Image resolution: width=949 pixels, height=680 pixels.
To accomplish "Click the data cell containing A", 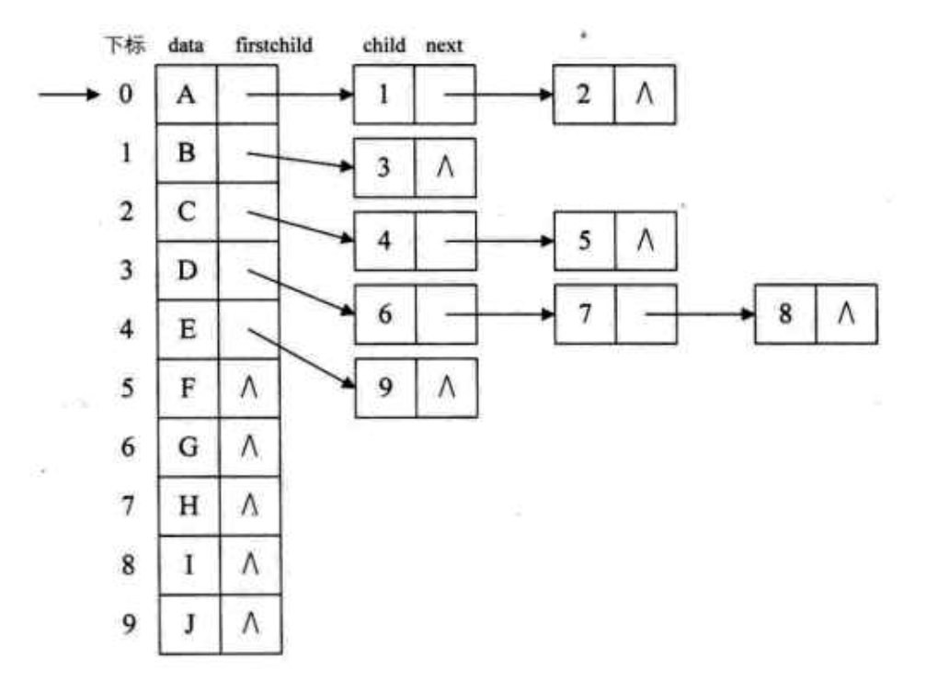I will tap(188, 95).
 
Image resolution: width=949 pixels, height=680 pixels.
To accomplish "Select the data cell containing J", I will tap(188, 624).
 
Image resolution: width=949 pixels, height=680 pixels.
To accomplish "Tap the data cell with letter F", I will tap(188, 389).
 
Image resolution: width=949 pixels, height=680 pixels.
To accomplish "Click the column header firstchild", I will tap(273, 45).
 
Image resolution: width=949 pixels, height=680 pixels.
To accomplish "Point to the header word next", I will tap(444, 45).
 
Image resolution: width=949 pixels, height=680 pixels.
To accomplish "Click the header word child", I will tap(384, 45).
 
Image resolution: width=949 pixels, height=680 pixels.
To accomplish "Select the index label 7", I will tap(129, 506).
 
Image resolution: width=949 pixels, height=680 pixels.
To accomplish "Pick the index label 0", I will tap(124, 95).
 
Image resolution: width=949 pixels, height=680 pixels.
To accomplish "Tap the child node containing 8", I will tap(785, 314).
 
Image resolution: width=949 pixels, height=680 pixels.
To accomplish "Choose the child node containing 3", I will tap(385, 167).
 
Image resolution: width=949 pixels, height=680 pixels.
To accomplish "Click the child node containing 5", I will tap(584, 241).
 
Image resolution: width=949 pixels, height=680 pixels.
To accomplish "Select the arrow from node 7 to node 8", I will tap(699, 314).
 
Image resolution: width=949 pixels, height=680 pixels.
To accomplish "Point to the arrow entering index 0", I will tap(69, 95).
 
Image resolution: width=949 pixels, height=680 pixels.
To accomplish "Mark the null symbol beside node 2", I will tap(645, 95).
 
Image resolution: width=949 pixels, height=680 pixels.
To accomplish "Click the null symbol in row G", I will tap(249, 448).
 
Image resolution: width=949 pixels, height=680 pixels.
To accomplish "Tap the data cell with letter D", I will tap(188, 271).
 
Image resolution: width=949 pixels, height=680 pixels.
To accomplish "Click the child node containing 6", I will tap(385, 314).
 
